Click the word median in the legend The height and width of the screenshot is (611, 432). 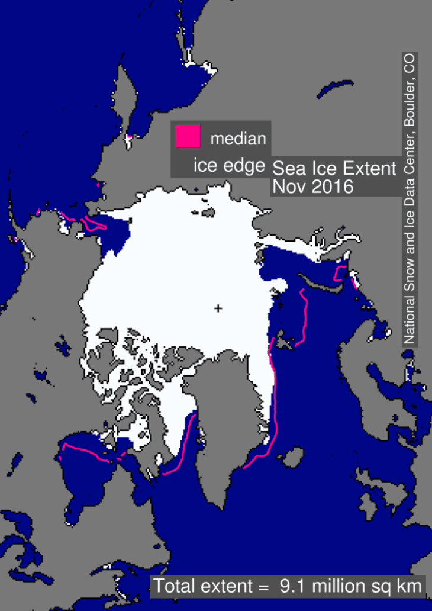238,139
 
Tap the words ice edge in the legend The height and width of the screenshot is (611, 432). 229,166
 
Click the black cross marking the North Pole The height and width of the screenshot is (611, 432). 218,308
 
